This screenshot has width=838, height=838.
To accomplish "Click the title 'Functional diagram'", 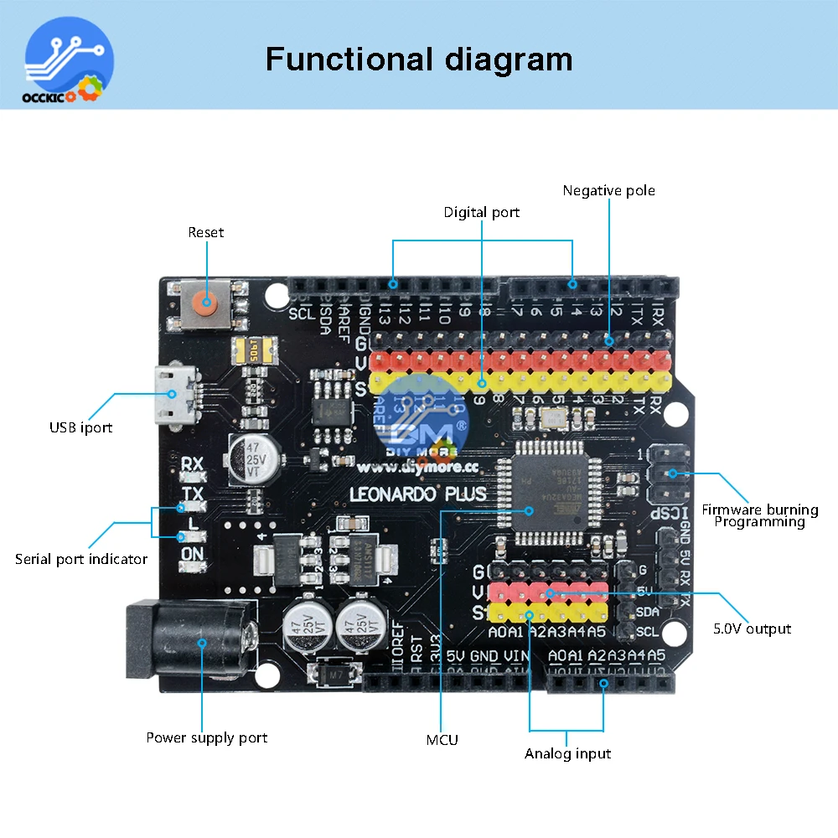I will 419,59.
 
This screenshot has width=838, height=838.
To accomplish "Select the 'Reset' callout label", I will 206,232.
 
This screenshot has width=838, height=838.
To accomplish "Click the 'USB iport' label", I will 80,427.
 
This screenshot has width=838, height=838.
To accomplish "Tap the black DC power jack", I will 189,643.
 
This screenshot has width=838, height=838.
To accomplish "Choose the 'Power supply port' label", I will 207,737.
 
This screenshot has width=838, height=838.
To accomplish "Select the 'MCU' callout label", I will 442,739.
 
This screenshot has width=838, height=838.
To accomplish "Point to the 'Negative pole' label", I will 609,190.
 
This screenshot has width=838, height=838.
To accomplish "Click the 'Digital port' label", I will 482,212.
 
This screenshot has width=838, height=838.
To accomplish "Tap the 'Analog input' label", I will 567,753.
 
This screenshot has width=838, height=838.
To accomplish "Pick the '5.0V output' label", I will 752,628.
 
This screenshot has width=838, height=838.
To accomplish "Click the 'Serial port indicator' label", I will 81,559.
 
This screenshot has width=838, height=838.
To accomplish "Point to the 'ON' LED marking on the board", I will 193,553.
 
